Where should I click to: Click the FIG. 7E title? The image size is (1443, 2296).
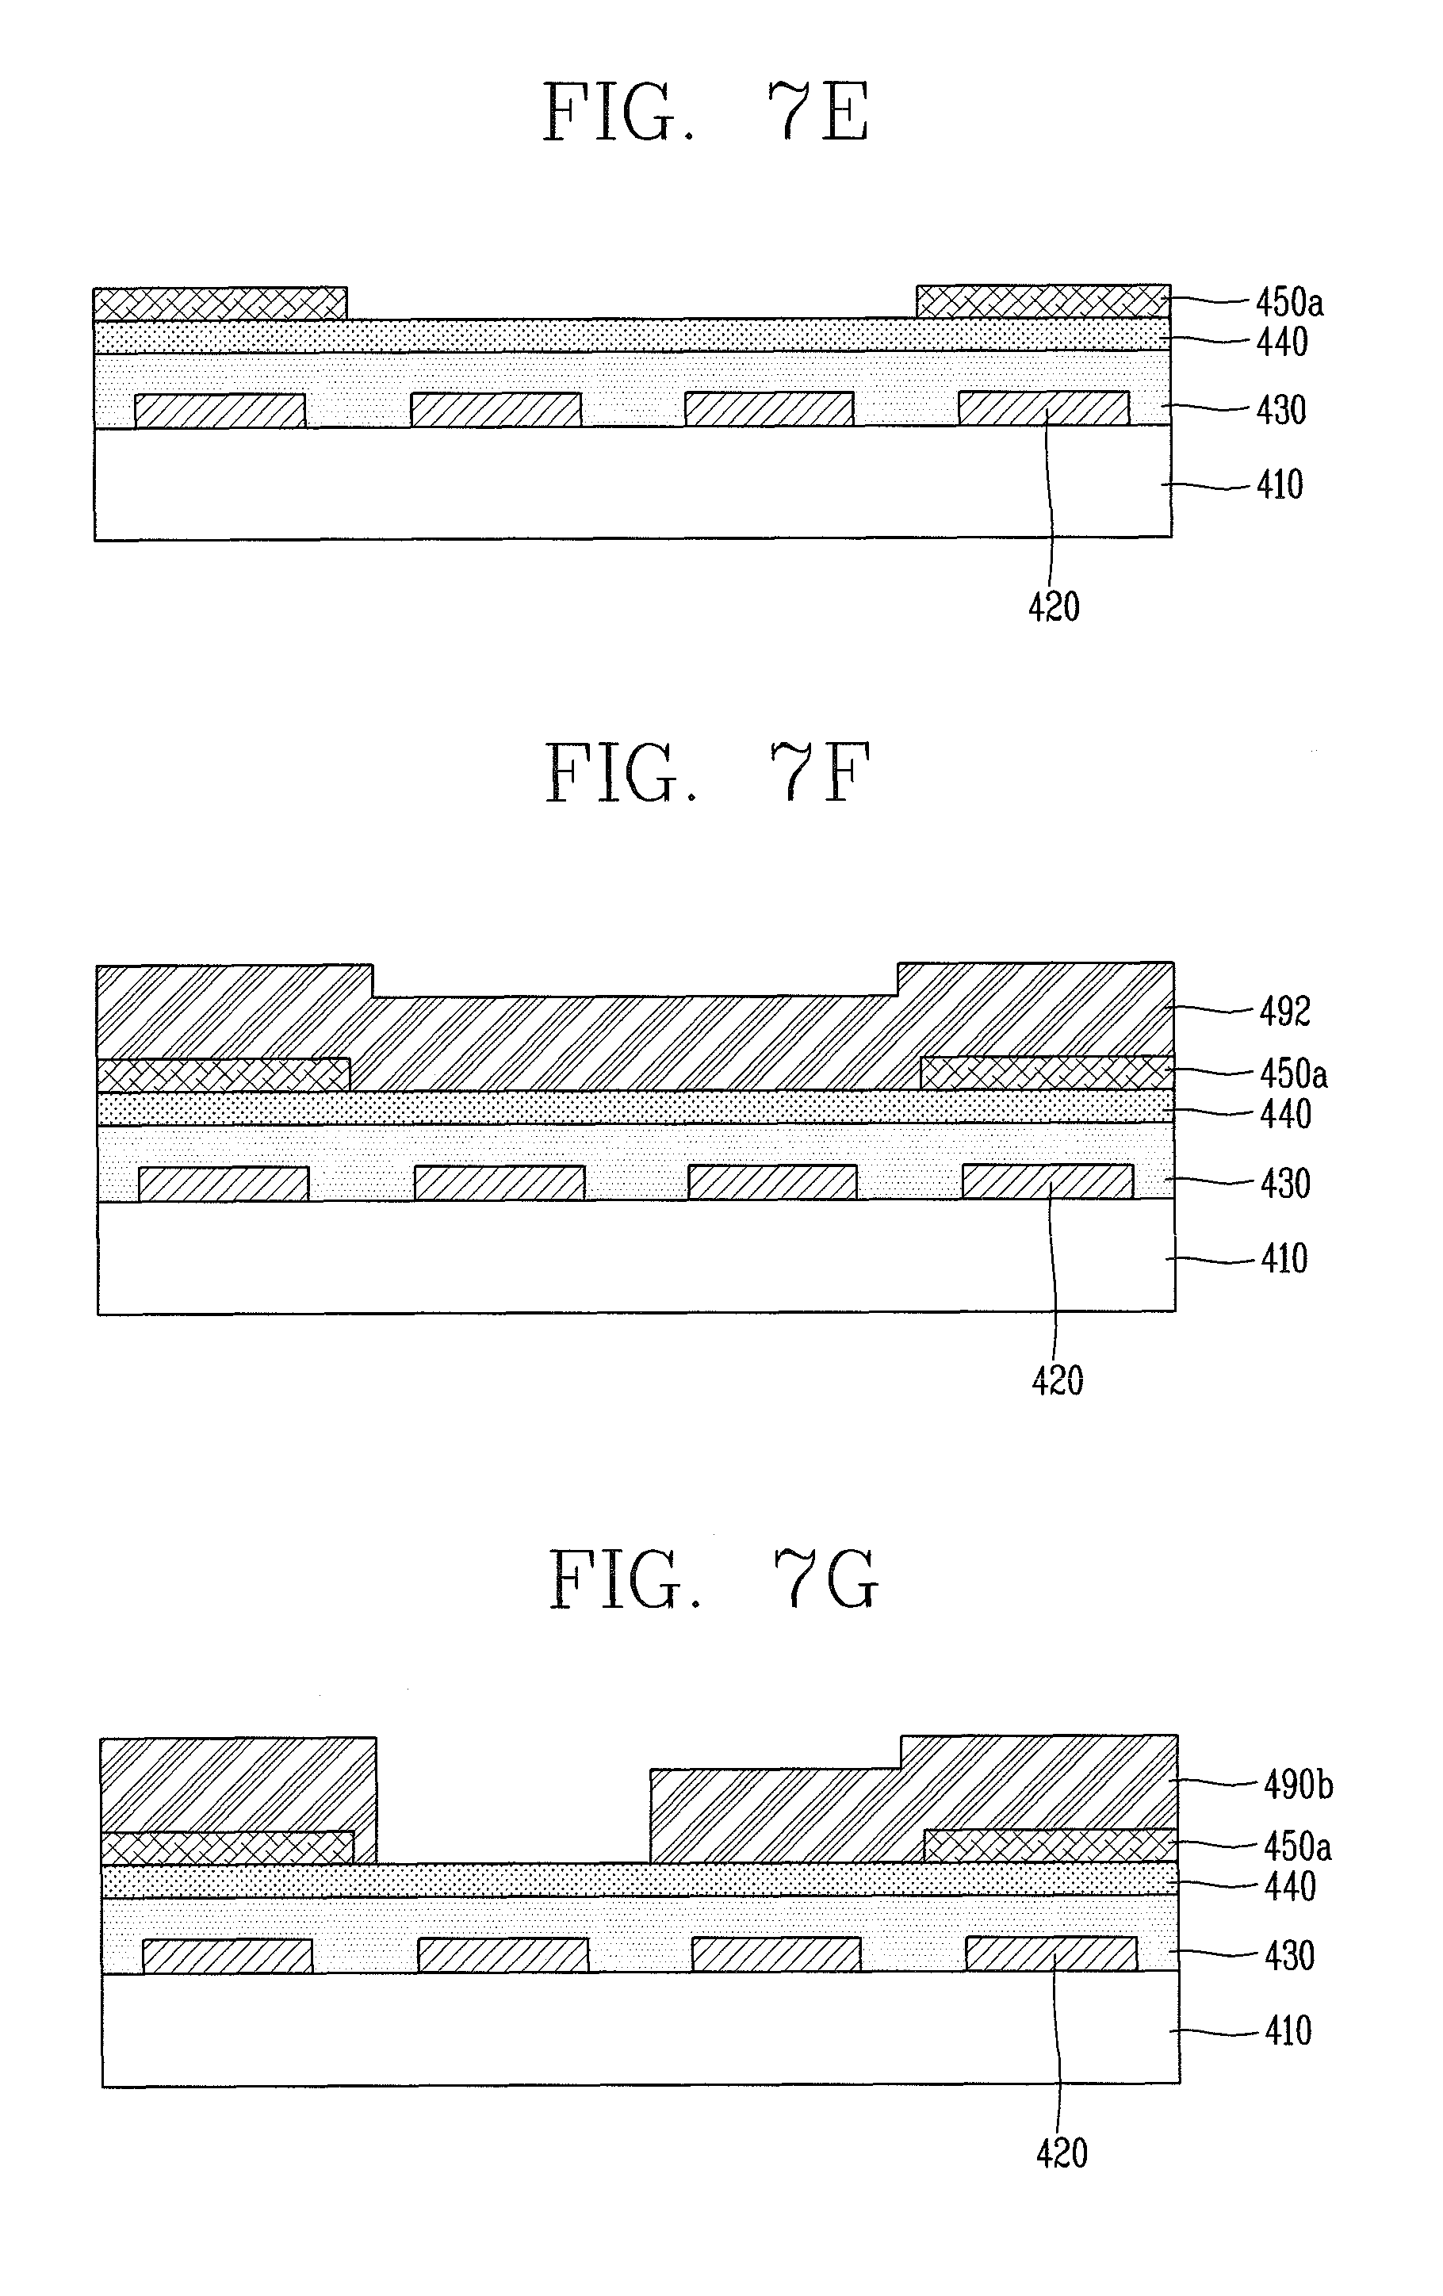click(x=706, y=113)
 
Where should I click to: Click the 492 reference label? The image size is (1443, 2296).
click(x=1284, y=1012)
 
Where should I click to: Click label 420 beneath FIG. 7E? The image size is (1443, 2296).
click(x=1053, y=607)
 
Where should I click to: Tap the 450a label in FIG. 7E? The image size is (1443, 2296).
click(x=1288, y=303)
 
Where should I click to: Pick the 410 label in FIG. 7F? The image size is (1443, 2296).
click(x=1284, y=1260)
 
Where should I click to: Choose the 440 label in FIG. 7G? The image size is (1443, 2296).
click(x=1289, y=1887)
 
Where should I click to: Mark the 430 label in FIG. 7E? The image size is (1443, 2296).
click(x=1280, y=410)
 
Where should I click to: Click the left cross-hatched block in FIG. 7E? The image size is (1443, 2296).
click(x=220, y=303)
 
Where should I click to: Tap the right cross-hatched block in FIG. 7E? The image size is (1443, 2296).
click(x=1043, y=301)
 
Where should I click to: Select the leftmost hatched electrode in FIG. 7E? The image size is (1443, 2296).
click(x=220, y=411)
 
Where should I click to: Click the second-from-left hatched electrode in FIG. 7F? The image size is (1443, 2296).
click(x=499, y=1183)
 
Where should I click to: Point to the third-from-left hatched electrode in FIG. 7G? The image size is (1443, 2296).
click(x=776, y=1956)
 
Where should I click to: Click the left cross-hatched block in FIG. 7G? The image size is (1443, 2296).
click(x=227, y=1848)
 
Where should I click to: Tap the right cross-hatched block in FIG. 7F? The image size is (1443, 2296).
click(x=1047, y=1073)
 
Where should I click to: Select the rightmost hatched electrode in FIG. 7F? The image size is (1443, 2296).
click(x=1048, y=1181)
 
